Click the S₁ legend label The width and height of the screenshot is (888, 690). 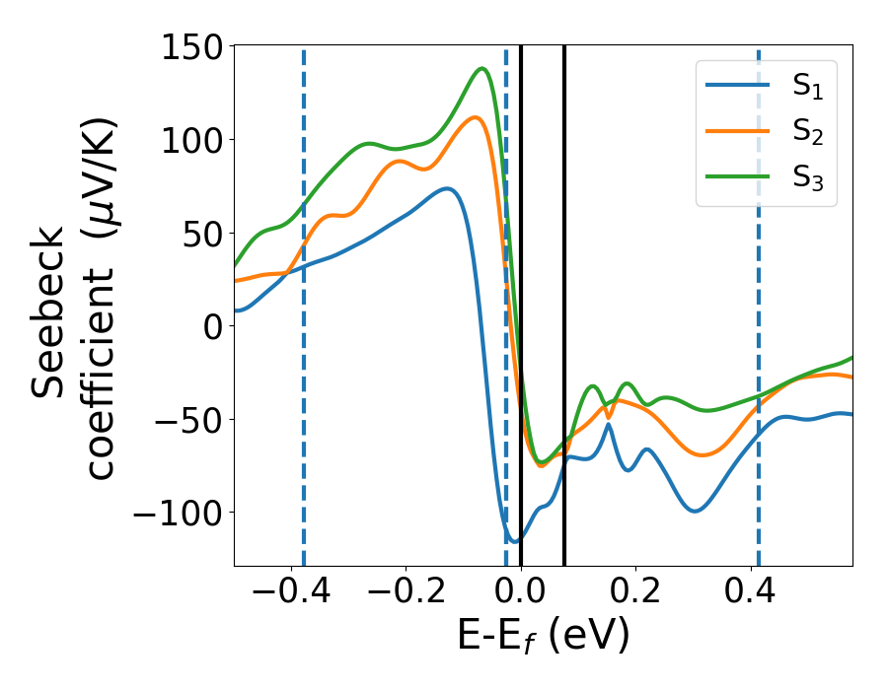(807, 87)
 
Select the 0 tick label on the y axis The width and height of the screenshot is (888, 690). (212, 326)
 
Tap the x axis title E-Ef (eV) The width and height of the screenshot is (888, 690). (543, 637)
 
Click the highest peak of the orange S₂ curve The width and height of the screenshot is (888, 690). (476, 117)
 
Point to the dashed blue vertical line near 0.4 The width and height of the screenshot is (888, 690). (759, 296)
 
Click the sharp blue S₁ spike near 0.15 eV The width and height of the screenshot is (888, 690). (609, 424)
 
